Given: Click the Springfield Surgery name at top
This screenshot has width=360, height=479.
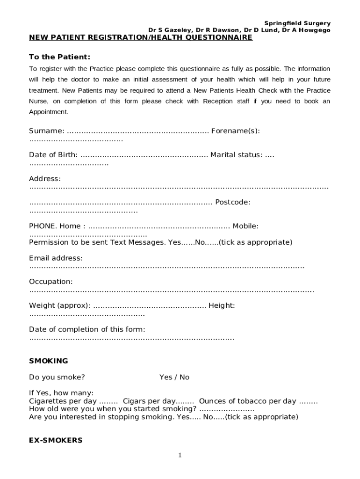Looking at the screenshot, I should click(297, 23).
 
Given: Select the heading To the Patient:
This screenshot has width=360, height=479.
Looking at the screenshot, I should click(59, 57).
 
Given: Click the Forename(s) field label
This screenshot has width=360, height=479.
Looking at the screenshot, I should click(235, 131).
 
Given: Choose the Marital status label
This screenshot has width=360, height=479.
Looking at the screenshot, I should click(236, 155).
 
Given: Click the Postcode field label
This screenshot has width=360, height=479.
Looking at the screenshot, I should click(232, 202).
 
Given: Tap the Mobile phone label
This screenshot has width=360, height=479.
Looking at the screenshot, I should click(245, 226).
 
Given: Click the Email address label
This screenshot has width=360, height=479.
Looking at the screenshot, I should click(56, 258).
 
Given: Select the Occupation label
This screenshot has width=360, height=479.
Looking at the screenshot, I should click(50, 282).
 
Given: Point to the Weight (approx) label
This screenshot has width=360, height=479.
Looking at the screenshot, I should click(60, 305).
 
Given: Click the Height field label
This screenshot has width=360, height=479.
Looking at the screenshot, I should click(222, 305).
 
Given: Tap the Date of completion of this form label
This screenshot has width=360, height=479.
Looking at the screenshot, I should click(87, 329).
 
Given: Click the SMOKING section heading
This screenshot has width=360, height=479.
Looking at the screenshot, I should click(48, 361).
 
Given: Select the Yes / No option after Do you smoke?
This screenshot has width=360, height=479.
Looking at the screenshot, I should click(174, 377).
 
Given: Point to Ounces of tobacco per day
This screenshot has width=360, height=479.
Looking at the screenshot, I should click(247, 401).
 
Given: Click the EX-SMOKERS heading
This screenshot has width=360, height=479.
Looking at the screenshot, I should click(56, 441).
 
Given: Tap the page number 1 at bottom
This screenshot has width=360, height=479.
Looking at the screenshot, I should click(180, 456).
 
